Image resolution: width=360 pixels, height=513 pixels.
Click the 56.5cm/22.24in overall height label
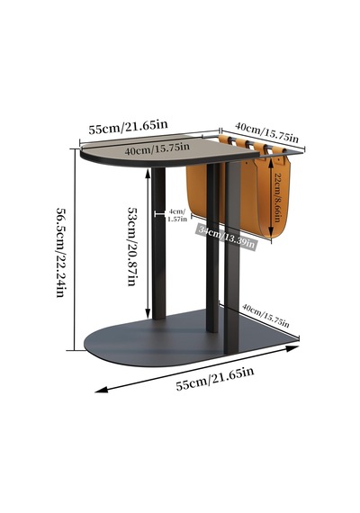(x=61, y=252)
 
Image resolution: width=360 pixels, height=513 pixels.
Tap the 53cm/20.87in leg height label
(x=132, y=247)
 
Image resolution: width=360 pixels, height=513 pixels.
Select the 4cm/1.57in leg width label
(x=177, y=215)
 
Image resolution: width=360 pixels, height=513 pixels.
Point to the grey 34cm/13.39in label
(x=226, y=236)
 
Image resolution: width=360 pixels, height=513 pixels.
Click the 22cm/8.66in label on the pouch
(x=278, y=197)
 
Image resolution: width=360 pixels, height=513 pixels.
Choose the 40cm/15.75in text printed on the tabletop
(x=157, y=148)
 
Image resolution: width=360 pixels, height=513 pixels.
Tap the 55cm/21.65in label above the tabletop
(x=129, y=127)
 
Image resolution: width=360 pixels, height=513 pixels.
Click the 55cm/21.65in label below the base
(x=215, y=379)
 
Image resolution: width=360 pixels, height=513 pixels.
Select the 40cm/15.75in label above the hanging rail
(x=266, y=132)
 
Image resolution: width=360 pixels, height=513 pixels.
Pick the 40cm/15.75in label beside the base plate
(x=265, y=315)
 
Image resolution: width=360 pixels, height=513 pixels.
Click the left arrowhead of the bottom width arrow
(x=101, y=390)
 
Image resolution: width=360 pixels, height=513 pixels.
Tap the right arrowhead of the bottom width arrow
(x=292, y=348)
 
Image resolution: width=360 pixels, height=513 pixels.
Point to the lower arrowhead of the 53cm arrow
(x=148, y=313)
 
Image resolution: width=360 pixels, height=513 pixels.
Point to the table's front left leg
(x=158, y=243)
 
